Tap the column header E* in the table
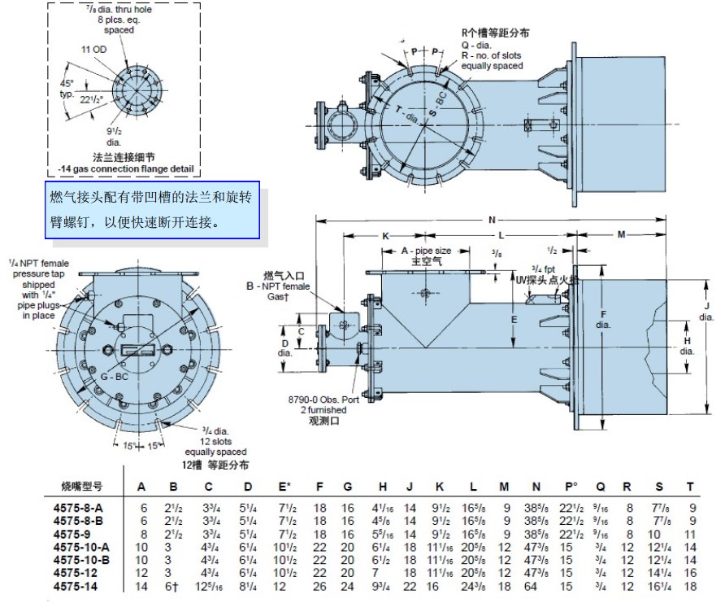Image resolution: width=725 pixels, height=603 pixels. pos(285,487)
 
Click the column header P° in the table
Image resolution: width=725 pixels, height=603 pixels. pos(571,487)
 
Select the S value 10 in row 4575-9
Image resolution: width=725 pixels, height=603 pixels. pos(659,534)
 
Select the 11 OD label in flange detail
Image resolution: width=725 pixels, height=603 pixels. pos(95,50)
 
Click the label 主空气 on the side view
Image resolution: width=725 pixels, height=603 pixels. pos(427,262)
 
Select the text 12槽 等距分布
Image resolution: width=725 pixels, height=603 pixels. pos(215,465)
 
